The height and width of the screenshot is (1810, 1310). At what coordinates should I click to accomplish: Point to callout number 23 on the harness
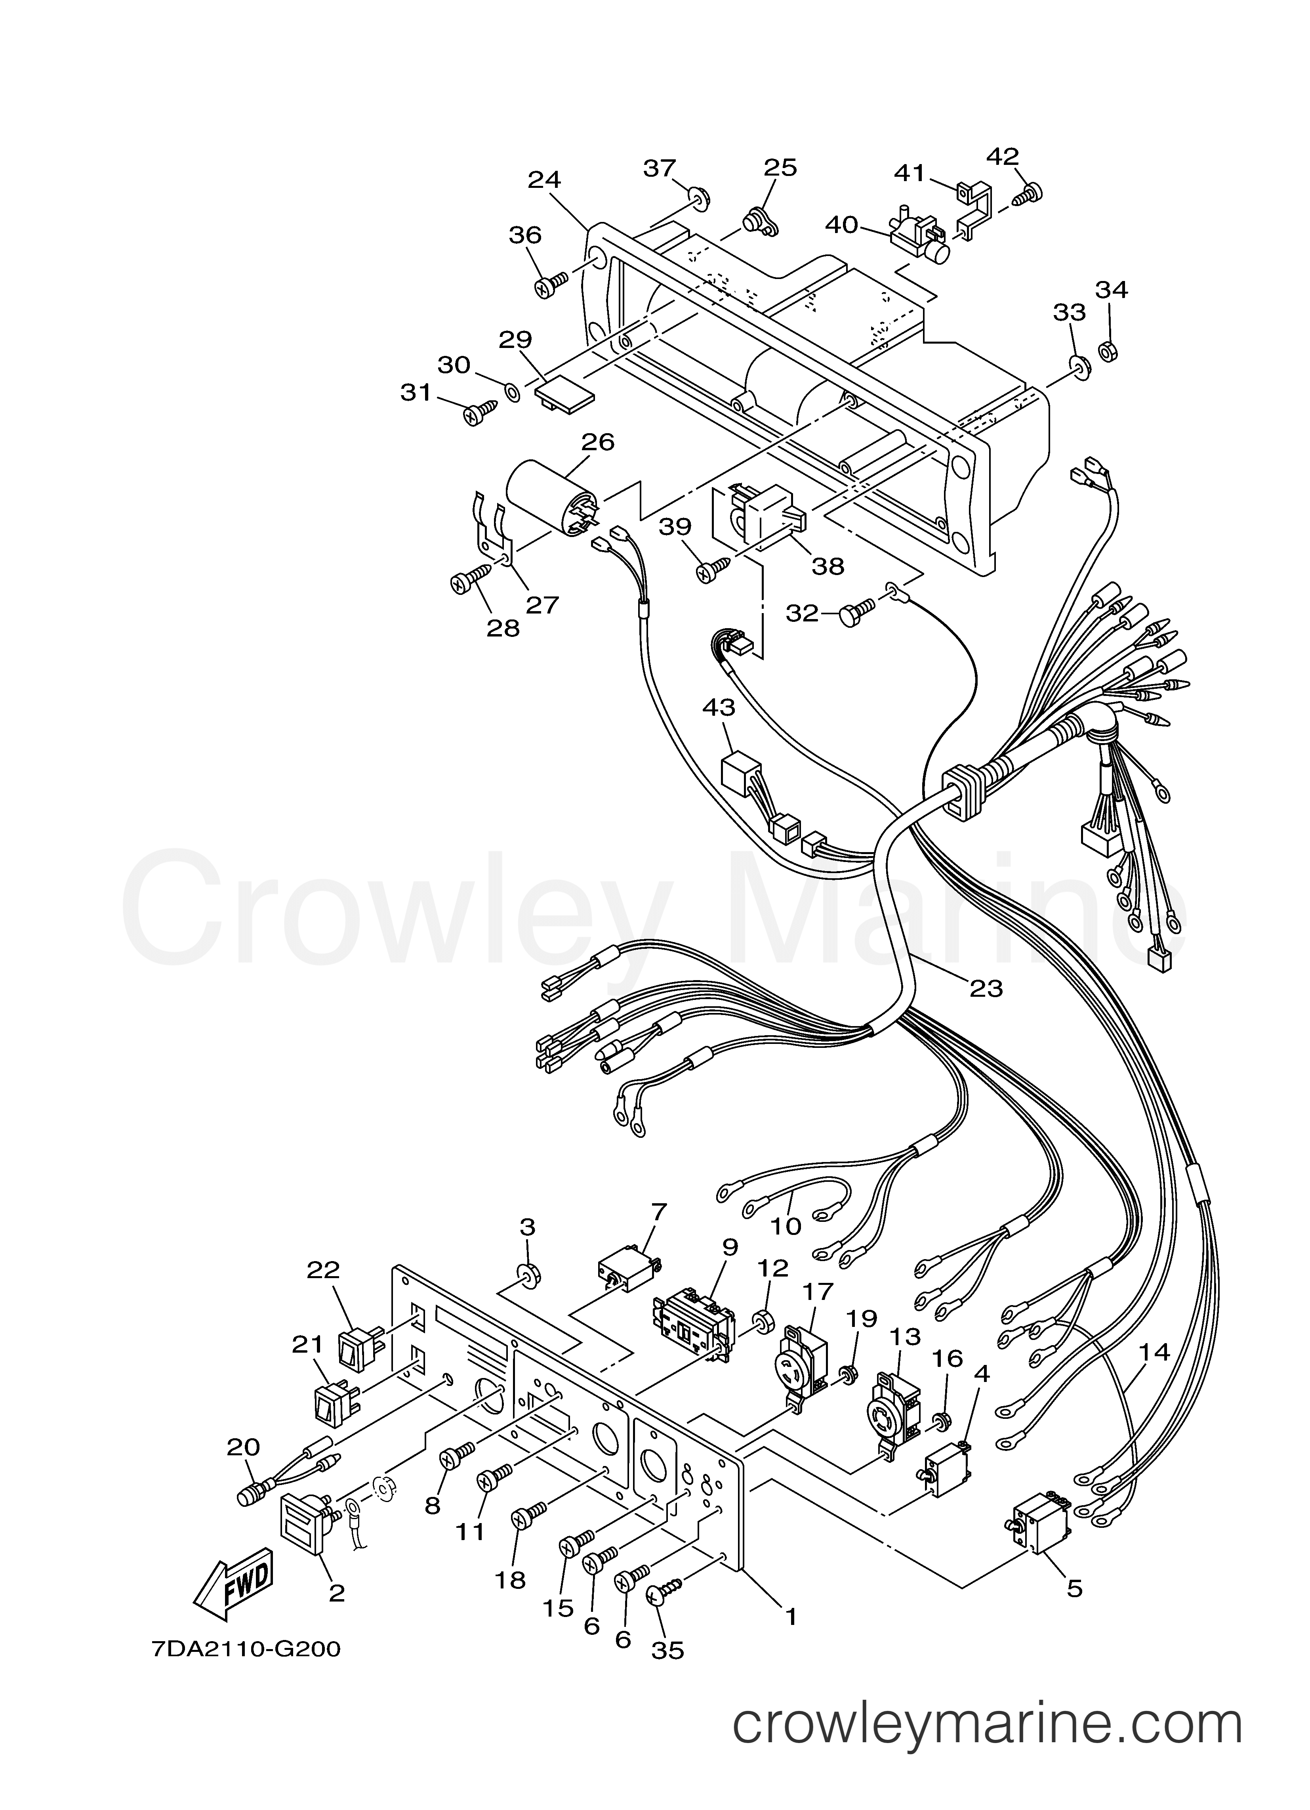[x=986, y=988]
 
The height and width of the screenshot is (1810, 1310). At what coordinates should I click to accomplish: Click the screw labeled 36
[x=551, y=283]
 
